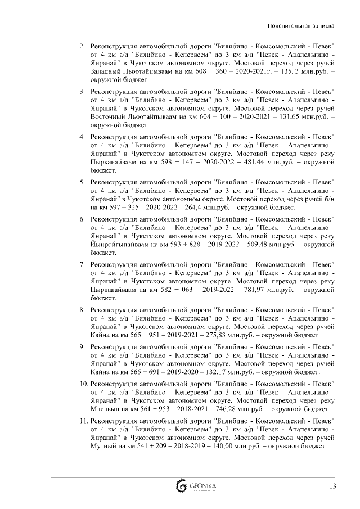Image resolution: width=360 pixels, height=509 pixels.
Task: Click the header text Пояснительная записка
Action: [301, 26]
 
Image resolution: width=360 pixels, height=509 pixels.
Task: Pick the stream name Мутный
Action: [102, 445]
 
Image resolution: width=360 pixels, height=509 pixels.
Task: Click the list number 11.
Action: [83, 420]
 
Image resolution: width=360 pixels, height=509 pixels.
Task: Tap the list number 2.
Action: [83, 45]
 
